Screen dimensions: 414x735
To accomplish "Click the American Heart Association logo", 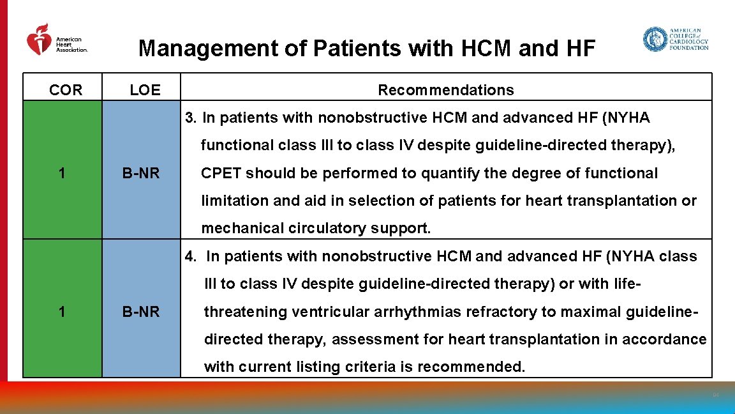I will [x=56, y=40].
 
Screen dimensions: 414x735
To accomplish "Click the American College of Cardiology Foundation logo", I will [x=675, y=39].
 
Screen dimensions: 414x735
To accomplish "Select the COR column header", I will [x=66, y=90].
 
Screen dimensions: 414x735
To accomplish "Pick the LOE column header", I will [x=145, y=90].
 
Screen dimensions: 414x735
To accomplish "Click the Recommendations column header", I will [x=445, y=90].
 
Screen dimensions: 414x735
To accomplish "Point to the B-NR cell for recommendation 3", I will [x=141, y=173].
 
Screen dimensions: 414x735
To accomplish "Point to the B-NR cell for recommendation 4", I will [x=141, y=312].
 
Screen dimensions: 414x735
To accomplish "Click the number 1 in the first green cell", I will [x=61, y=173].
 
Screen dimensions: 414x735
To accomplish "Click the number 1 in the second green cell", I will [x=61, y=312].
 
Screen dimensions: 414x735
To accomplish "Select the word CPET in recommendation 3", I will [x=221, y=173].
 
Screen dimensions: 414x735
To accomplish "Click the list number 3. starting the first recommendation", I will [x=191, y=118].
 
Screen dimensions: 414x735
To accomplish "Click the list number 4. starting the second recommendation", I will [x=191, y=256].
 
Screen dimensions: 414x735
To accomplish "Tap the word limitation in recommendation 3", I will [x=234, y=201].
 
